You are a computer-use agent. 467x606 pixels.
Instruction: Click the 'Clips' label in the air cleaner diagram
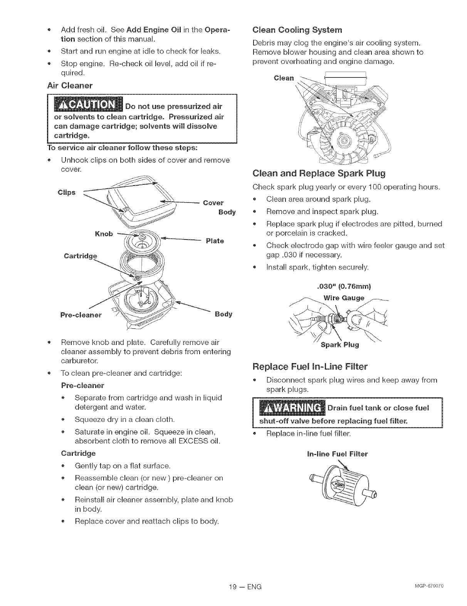coord(66,193)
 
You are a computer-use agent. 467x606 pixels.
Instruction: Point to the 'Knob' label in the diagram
coord(104,234)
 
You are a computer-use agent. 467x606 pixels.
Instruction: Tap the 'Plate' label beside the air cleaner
coord(215,241)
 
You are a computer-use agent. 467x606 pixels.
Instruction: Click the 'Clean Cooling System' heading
coord(297,30)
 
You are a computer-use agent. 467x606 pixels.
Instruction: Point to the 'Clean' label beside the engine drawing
coord(284,78)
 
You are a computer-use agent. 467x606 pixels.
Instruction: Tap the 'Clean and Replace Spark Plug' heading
coord(319,174)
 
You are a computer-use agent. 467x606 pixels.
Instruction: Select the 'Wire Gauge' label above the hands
coord(344,298)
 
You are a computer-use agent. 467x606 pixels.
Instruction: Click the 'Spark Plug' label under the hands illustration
coord(339,345)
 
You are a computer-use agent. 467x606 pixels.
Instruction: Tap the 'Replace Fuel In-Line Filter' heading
coord(310,366)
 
